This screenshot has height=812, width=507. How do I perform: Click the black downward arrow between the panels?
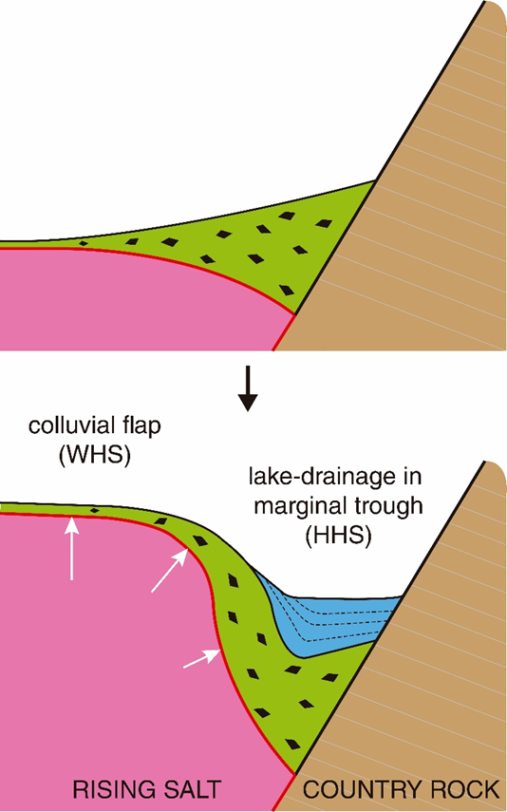(x=248, y=387)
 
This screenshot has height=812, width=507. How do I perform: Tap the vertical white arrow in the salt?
(x=71, y=549)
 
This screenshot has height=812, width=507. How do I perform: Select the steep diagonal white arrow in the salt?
(x=170, y=570)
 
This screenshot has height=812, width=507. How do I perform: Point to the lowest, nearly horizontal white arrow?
(x=201, y=659)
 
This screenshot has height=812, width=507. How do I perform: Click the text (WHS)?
(x=95, y=454)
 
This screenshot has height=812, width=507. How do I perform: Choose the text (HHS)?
(x=338, y=535)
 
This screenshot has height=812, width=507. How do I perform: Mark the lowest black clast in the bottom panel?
(x=293, y=745)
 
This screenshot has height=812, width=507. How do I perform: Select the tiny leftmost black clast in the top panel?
(x=83, y=243)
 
